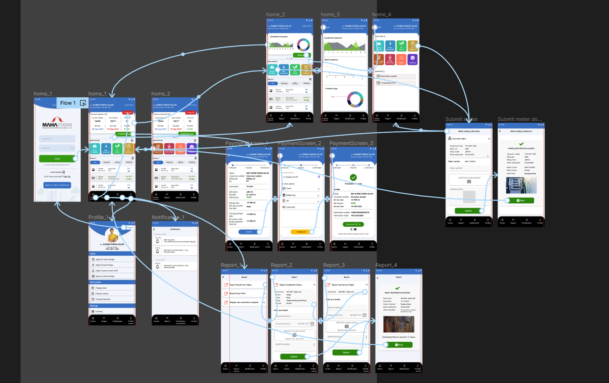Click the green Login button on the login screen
tap(57, 158)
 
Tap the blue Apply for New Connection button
tap(57, 185)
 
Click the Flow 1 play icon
tap(83, 103)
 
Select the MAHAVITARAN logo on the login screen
tap(57, 123)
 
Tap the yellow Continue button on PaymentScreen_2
tap(301, 231)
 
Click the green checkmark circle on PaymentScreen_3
tap(353, 177)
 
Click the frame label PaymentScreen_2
tap(299, 143)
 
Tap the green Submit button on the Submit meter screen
tap(469, 211)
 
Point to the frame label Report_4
tap(386, 265)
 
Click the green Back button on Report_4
tap(399, 345)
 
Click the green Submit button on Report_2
tap(294, 356)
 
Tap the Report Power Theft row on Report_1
tap(244, 294)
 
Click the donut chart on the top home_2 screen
tap(303, 45)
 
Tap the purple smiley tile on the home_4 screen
tap(413, 59)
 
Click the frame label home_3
tap(330, 14)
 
